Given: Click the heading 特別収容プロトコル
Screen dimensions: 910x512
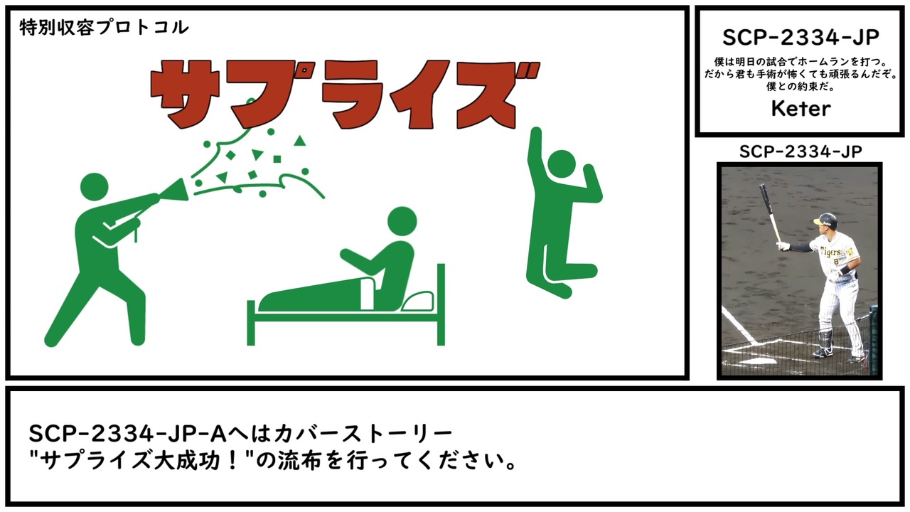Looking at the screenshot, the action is [104, 28].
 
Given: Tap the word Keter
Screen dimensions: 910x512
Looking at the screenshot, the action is [801, 109].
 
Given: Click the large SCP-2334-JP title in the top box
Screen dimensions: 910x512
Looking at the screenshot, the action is [801, 38].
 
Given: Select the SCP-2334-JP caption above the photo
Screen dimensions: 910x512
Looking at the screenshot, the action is [801, 151].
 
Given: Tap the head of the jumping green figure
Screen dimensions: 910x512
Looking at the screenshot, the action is [562, 164].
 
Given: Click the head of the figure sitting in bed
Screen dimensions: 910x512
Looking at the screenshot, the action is [402, 221].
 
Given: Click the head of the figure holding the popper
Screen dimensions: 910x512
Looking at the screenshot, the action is [95, 187].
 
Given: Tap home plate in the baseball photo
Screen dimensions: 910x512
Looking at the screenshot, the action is [757, 361].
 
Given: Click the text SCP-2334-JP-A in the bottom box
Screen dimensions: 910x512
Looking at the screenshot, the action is [127, 434].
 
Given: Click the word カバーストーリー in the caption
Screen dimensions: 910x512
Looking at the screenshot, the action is [363, 434].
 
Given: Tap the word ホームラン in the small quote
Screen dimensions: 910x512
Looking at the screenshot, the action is [823, 62].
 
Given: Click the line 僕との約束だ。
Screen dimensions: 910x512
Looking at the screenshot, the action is [801, 87].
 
